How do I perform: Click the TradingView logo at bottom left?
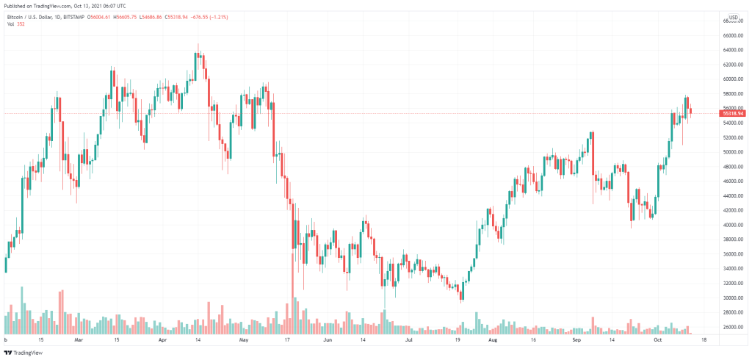(x=23, y=352)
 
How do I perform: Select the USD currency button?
(x=733, y=17)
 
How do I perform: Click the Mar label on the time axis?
(x=79, y=340)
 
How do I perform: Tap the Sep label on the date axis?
(x=576, y=340)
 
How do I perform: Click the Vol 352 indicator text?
(x=15, y=24)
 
